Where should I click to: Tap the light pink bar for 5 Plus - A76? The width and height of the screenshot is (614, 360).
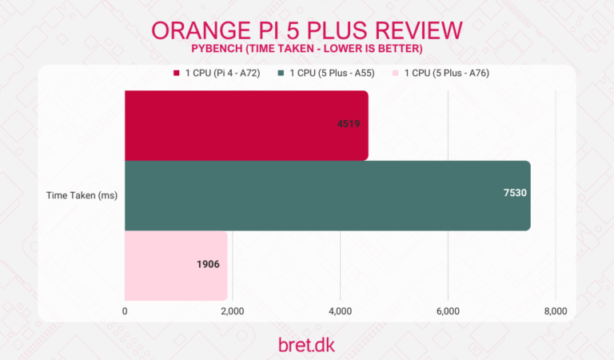[176, 265]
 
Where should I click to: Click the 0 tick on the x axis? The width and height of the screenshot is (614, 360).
[125, 311]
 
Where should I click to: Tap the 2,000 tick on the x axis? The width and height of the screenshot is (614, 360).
[232, 311]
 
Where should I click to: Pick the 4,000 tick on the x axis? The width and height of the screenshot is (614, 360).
[340, 311]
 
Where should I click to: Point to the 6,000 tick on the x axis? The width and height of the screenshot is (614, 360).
[448, 311]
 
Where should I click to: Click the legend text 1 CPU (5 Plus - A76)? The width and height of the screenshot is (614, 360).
[447, 74]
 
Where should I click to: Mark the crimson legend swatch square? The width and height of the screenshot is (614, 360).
[176, 74]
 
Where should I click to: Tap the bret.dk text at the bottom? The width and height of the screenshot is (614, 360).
[306, 344]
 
